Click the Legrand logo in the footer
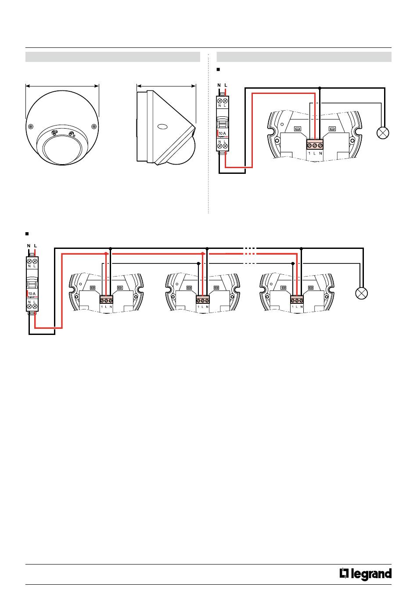pos(365,574)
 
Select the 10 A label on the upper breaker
pos(222,133)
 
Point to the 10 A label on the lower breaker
pos(32,293)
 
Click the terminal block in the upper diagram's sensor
pos(315,145)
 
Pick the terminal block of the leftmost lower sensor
pos(107,300)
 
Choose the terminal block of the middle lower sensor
pos(202,300)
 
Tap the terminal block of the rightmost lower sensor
pos(297,300)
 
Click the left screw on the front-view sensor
pos(30,126)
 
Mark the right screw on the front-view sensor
pos(94,126)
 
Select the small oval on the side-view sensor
pos(162,127)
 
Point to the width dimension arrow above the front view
pos(63,86)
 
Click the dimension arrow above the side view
pos(166,86)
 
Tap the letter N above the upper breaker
pos(219,84)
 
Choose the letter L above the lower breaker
pos(35,245)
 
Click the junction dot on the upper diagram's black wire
pos(320,88)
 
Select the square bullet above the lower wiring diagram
pos(27,233)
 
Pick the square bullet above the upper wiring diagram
pos(218,69)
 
